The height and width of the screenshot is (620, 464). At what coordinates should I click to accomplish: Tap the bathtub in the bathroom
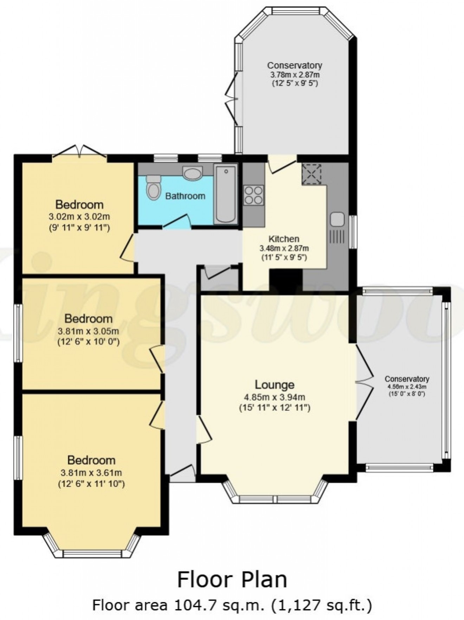[225, 194]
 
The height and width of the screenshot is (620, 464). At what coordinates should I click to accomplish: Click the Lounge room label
[274, 385]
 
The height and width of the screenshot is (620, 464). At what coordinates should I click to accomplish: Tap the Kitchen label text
[284, 239]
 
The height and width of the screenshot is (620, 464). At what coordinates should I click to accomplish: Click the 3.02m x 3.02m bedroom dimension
[79, 217]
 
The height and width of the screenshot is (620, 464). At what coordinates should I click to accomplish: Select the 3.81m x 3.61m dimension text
[91, 473]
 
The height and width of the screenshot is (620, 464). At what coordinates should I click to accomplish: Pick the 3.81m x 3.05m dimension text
[88, 331]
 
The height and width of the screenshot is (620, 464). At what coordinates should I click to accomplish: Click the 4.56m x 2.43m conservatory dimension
[407, 387]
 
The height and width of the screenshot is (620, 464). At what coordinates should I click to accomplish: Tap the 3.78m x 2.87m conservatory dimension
[295, 74]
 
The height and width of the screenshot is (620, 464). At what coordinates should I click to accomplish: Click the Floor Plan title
[232, 579]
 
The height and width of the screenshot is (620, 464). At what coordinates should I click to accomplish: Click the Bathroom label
[185, 196]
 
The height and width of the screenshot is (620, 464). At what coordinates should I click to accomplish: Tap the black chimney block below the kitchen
[285, 280]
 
